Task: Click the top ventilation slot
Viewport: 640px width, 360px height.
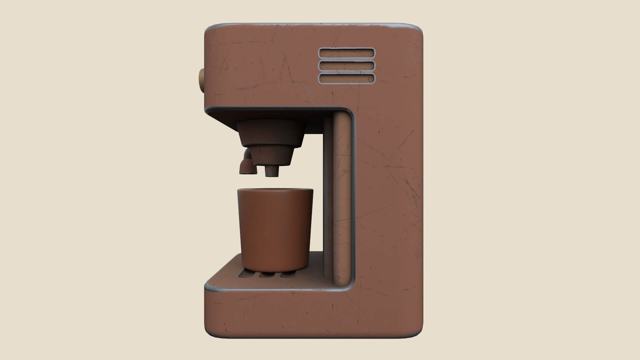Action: [x=347, y=53]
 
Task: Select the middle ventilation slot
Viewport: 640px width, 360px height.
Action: [x=347, y=66]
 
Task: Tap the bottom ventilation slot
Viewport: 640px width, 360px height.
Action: [x=347, y=78]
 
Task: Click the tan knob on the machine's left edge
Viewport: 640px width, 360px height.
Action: [x=202, y=80]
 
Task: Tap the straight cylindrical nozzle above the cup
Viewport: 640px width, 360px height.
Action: [x=271, y=171]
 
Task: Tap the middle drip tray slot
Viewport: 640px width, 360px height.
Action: [x=266, y=275]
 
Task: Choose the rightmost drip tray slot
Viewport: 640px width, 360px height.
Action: [x=287, y=275]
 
